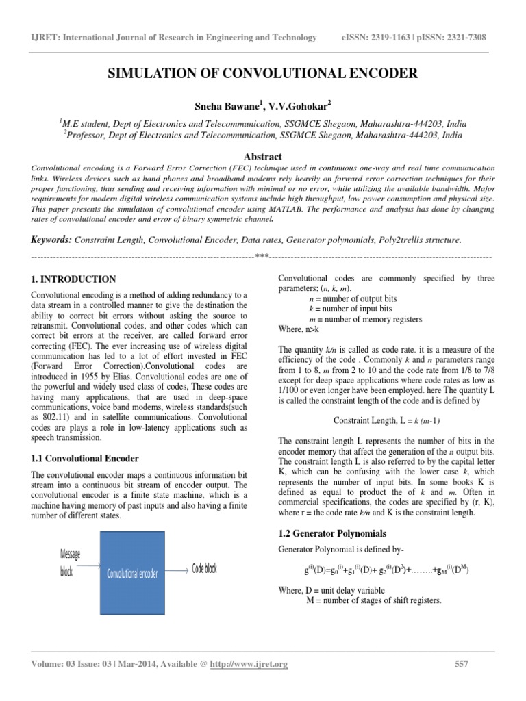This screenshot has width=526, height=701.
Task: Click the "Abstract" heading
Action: tap(263, 156)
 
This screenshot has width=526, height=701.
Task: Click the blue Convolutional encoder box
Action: tap(132, 573)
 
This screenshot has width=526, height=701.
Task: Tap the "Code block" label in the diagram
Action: tap(205, 569)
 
